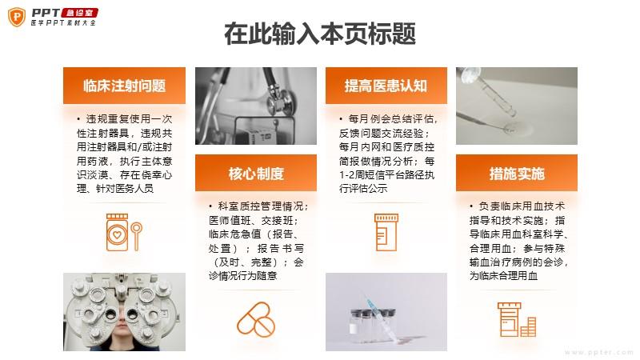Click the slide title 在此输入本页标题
click(319, 34)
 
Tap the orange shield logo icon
click(17, 17)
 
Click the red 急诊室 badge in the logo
click(79, 13)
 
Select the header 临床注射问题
click(124, 86)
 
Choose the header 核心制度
click(256, 174)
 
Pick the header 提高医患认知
click(386, 86)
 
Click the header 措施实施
click(517, 174)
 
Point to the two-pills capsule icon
click(256, 318)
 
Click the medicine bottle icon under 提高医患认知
click(386, 232)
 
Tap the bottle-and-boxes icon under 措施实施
click(517, 319)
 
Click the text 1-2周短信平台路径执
click(386, 174)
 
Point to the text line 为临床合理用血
click(503, 275)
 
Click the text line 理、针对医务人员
click(115, 188)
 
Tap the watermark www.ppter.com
click(599, 352)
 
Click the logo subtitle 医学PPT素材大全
click(63, 23)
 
